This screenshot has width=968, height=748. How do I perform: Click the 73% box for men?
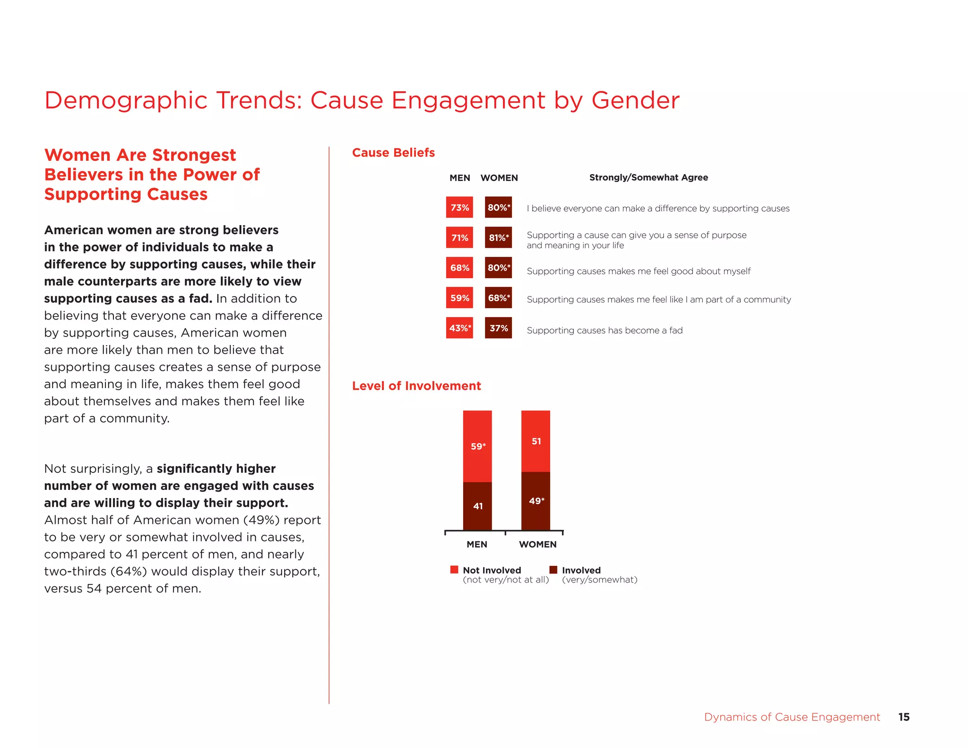pyautogui.click(x=459, y=208)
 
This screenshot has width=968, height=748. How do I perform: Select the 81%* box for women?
pyautogui.click(x=498, y=237)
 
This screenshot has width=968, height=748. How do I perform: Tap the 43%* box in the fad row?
pyautogui.click(x=459, y=328)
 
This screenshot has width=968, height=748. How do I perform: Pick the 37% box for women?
pyautogui.click(x=498, y=328)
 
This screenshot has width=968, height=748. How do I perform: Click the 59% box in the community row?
pyautogui.click(x=459, y=298)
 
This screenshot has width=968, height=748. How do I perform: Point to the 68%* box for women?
pyautogui.click(x=498, y=298)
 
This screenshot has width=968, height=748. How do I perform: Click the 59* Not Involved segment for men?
pyautogui.click(x=477, y=446)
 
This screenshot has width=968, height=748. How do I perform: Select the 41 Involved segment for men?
pyautogui.click(x=477, y=506)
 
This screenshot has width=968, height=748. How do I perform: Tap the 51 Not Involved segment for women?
pyautogui.click(x=536, y=441)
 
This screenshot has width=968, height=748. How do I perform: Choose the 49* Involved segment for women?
pyautogui.click(x=536, y=501)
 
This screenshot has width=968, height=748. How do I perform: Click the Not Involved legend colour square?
pyautogui.click(x=454, y=569)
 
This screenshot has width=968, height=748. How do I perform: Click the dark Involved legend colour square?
pyautogui.click(x=553, y=569)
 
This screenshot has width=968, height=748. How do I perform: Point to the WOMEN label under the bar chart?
pyautogui.click(x=537, y=544)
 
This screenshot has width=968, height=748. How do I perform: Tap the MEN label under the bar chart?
pyautogui.click(x=476, y=544)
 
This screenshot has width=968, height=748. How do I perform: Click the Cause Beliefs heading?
pyautogui.click(x=393, y=153)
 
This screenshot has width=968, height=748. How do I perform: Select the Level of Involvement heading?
pyautogui.click(x=416, y=386)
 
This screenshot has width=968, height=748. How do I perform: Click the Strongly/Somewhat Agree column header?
pyautogui.click(x=648, y=177)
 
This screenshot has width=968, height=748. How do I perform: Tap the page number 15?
pyautogui.click(x=904, y=717)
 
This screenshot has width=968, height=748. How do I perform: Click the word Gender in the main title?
pyautogui.click(x=635, y=100)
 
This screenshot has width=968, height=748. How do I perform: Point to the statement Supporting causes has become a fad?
pyautogui.click(x=605, y=330)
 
